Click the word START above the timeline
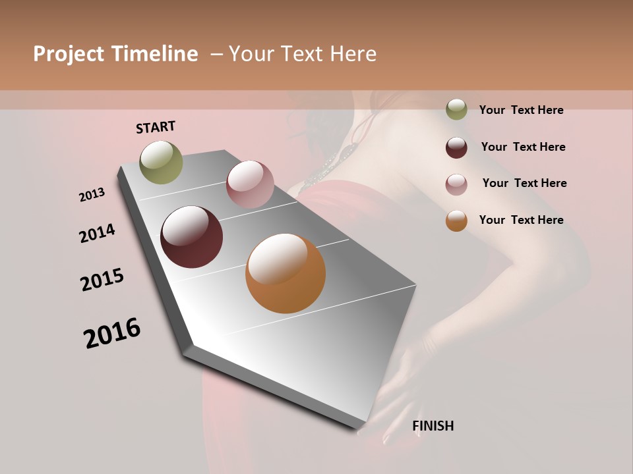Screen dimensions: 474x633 156,127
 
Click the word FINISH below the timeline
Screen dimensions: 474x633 433,426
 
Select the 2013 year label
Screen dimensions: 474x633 92,194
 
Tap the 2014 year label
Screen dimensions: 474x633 97,234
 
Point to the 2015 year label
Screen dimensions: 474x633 102,280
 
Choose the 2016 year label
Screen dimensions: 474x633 112,333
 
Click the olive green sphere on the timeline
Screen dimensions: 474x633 161,162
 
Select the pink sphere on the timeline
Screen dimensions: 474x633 250,184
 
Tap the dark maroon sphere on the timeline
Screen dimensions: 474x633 191,237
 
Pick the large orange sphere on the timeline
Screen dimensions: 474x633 286,273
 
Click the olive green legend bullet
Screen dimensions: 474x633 456,110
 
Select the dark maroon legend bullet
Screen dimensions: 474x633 456,147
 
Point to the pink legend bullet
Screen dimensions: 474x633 456,184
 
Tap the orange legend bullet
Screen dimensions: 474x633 456,221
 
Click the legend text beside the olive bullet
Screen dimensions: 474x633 521,111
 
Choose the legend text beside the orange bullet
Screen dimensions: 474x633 521,220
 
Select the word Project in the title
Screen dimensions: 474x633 69,54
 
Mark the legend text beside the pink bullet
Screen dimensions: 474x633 524,183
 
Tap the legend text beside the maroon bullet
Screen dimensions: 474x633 523,147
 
